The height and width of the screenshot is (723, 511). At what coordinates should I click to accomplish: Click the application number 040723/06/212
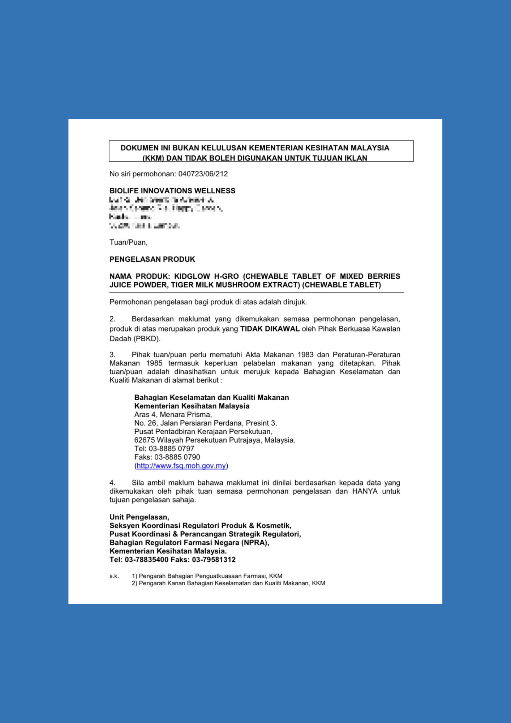pyautogui.click(x=203, y=174)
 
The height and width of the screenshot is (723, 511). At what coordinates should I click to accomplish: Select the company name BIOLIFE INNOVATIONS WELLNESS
pyautogui.click(x=172, y=191)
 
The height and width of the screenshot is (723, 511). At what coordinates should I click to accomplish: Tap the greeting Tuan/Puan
pyautogui.click(x=128, y=242)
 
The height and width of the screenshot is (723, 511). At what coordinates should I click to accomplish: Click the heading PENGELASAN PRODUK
pyautogui.click(x=152, y=259)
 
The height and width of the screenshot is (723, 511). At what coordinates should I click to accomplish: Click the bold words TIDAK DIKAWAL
pyautogui.click(x=270, y=329)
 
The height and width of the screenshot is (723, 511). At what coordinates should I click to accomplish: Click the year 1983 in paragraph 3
pyautogui.click(x=305, y=355)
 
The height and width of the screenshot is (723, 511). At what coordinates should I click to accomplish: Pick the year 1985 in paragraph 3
pyautogui.click(x=154, y=363)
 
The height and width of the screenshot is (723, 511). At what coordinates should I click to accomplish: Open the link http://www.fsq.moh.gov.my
pyautogui.click(x=181, y=466)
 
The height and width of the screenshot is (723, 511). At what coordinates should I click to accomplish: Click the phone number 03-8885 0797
pyautogui.click(x=171, y=449)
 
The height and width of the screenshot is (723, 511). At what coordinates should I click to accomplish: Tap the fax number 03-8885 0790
pyautogui.click(x=177, y=457)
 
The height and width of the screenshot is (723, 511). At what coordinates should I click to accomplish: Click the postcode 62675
pyautogui.click(x=144, y=440)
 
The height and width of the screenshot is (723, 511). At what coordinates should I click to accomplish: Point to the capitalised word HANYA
pyautogui.click(x=365, y=492)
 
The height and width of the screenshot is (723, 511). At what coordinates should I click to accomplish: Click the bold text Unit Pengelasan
pyautogui.click(x=139, y=517)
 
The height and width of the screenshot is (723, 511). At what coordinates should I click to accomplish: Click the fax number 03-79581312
pyautogui.click(x=214, y=560)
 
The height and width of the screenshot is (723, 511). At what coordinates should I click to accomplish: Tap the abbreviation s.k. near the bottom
pyautogui.click(x=114, y=576)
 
